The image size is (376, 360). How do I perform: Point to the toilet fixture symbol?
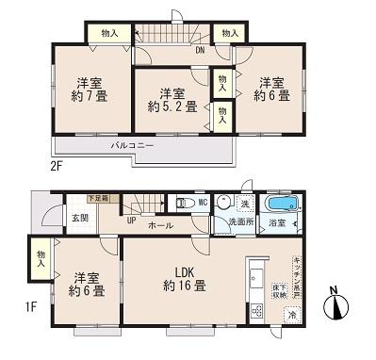(180, 202)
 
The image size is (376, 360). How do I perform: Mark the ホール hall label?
(159, 226)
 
